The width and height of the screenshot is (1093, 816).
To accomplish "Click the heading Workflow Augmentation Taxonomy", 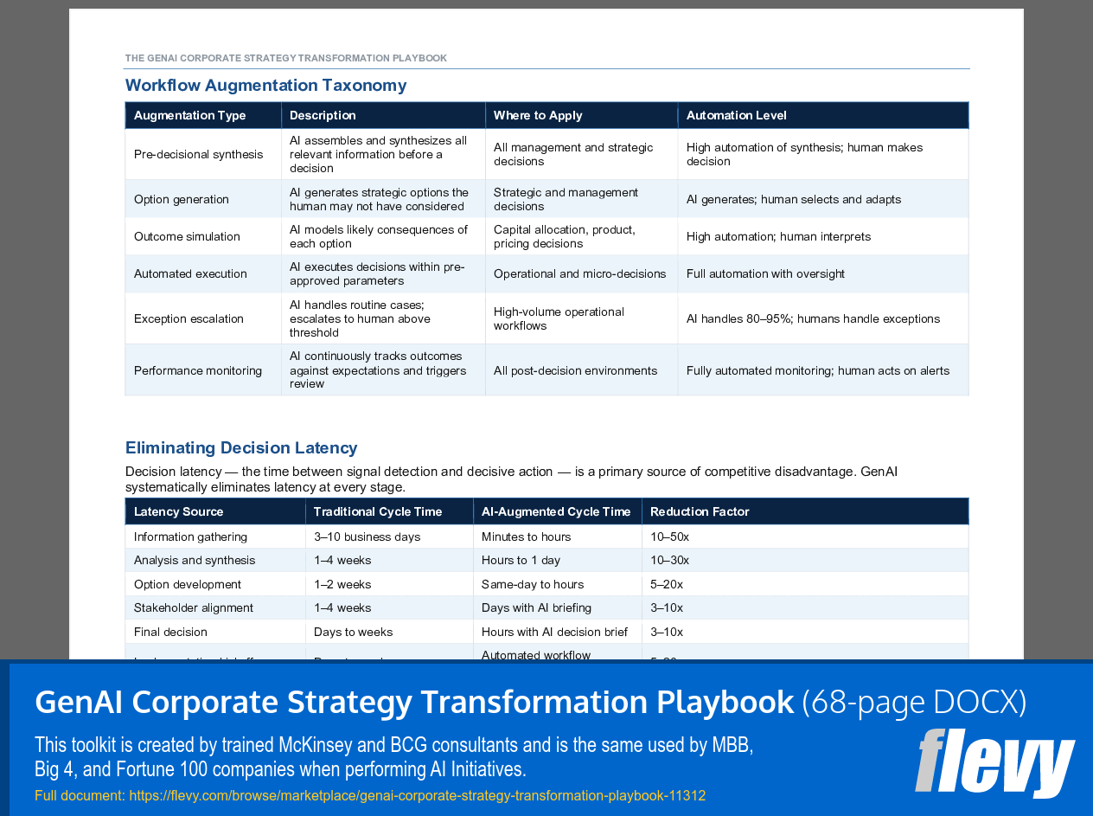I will (x=265, y=86).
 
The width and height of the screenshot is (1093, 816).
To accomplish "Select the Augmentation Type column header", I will (x=190, y=116).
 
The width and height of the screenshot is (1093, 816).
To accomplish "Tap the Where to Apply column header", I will (x=538, y=116).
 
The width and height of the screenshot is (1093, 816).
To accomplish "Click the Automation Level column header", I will (x=736, y=116).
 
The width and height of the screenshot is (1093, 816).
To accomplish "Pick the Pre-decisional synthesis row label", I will (x=198, y=155).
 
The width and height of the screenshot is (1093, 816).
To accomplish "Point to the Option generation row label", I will (x=182, y=200).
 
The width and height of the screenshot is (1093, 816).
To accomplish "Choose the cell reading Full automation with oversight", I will (x=765, y=274).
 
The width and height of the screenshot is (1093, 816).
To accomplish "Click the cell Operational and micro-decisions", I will (x=579, y=274).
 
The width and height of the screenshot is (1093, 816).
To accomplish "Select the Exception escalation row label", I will (x=189, y=319).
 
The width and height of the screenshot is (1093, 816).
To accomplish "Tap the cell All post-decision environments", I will (x=575, y=371).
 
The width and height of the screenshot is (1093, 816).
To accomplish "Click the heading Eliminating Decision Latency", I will (x=241, y=448).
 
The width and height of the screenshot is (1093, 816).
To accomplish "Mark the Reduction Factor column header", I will (x=700, y=512).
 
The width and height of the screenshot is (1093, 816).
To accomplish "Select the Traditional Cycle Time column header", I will (x=378, y=512).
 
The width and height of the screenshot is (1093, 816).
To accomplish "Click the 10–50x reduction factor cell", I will (x=669, y=537).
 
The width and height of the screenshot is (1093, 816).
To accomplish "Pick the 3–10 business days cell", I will (x=367, y=537).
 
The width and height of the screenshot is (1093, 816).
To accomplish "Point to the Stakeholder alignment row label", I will (x=194, y=608).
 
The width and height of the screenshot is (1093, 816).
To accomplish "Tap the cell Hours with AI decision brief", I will (x=554, y=633).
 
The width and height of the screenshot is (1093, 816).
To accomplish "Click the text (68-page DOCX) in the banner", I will (x=914, y=703).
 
